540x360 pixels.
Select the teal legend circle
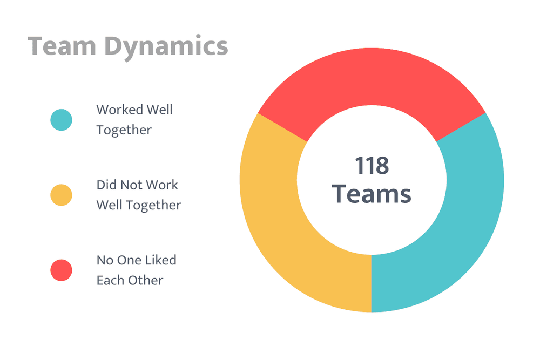pos(61,120)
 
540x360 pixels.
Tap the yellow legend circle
pos(61,195)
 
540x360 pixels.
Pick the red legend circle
pos(61,270)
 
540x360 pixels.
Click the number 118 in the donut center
pos(372,166)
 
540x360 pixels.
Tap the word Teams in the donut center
pos(372,193)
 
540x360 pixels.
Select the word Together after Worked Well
pos(124,130)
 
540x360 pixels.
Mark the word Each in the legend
pos(110,280)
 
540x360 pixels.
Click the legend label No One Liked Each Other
pos(136,270)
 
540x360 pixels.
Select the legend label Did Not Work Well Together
pos(138,195)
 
